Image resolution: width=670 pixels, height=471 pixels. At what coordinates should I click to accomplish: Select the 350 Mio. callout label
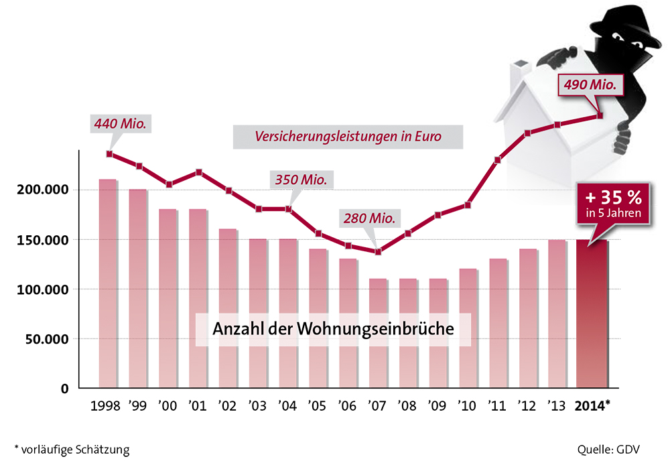tap(301, 180)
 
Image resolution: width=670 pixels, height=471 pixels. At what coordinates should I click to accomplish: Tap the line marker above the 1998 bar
tap(109, 154)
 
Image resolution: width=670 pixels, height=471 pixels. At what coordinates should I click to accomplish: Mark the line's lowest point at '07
tap(379, 252)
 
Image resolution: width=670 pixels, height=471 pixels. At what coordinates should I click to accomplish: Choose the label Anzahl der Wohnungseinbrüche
tap(333, 330)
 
